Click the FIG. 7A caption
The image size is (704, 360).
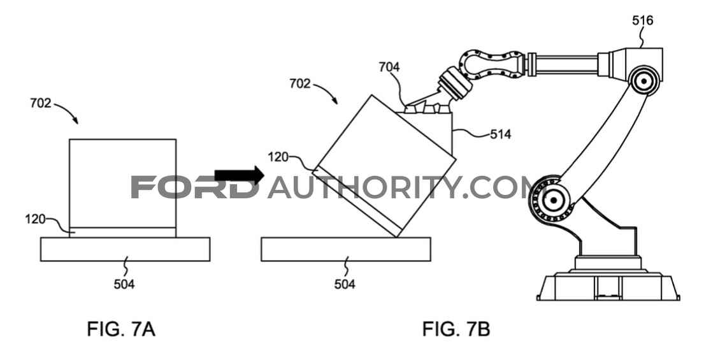121,329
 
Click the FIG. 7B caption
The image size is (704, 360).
456,329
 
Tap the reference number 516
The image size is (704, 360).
642,20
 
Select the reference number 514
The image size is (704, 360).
500,134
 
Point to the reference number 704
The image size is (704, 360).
389,67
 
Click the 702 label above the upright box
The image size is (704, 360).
41,103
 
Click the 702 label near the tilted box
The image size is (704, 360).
300,83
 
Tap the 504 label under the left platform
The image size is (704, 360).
124,284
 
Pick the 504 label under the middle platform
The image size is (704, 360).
345,284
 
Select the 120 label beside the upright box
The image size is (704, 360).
36,219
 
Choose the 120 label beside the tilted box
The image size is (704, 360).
278,157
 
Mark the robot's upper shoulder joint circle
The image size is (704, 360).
644,82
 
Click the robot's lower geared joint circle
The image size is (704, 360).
552,199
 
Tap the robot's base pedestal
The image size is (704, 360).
608,278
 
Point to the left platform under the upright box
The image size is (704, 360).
126,249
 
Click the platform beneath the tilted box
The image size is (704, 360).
346,249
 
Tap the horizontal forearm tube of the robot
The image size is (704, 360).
563,64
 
